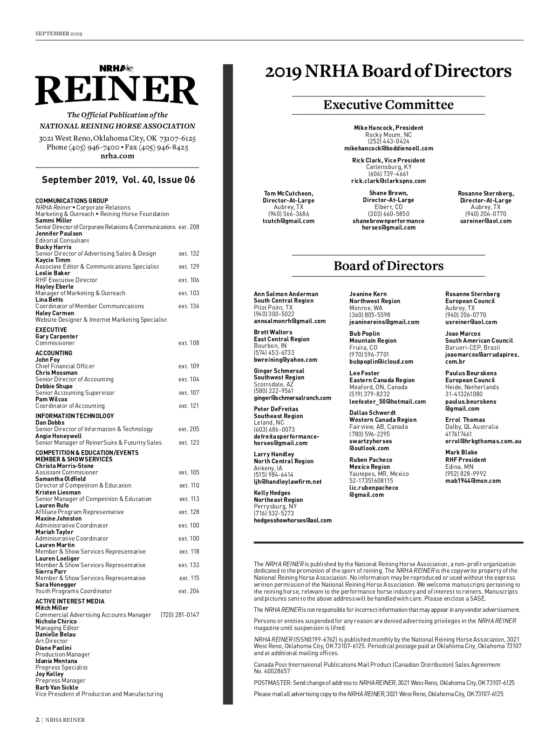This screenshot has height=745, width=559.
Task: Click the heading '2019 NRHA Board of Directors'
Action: point(388,71)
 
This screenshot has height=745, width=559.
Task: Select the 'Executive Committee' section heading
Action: point(388,105)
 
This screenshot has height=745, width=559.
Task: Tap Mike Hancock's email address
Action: point(389,149)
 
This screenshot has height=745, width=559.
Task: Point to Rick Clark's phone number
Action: point(389,174)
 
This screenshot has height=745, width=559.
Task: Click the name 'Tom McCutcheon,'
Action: point(288,194)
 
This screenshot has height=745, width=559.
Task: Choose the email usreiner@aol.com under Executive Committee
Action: point(485,221)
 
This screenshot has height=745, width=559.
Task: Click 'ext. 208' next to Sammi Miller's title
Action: point(189,227)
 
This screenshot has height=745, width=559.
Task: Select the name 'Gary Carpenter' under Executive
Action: point(57,337)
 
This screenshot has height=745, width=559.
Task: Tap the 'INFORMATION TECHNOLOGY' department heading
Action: point(75,416)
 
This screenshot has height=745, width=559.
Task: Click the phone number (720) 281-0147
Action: point(179,615)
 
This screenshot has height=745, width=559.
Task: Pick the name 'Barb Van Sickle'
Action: point(57,688)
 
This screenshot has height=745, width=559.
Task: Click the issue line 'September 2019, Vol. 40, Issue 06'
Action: point(118,180)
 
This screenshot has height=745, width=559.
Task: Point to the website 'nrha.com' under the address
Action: point(117,156)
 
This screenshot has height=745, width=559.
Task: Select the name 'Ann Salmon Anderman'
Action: point(286,294)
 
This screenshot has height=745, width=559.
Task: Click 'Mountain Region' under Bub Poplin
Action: point(373,341)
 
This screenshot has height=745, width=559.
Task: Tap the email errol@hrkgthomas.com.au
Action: point(483,441)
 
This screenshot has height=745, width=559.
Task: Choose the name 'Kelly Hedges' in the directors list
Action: point(272,493)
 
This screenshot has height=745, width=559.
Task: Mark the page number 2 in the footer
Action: point(37,720)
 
